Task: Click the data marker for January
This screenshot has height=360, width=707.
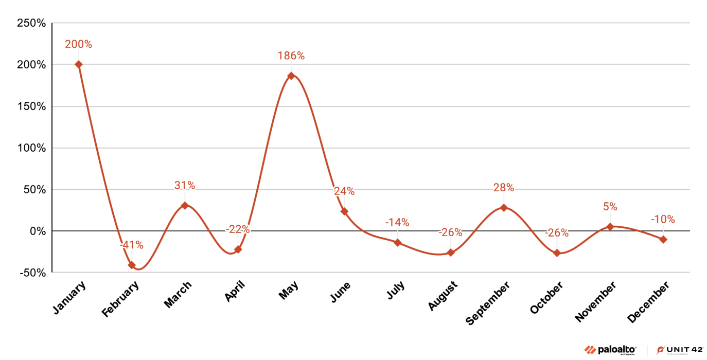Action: point(79,64)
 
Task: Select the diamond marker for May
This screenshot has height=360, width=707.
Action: point(291,76)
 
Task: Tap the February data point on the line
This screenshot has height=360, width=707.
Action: point(132,265)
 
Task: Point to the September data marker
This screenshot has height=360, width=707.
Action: point(504,208)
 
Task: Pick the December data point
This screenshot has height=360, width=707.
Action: point(663,239)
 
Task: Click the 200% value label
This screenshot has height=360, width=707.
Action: point(79,45)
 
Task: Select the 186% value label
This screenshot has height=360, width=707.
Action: point(291,56)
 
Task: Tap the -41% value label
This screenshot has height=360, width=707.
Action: point(132,245)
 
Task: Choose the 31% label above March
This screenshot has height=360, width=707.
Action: point(185,186)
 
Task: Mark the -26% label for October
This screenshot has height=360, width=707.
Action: point(557,233)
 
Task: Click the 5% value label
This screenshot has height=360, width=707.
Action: point(610,207)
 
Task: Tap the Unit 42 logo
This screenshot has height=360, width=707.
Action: point(679,350)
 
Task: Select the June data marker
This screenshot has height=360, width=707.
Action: point(344,211)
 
